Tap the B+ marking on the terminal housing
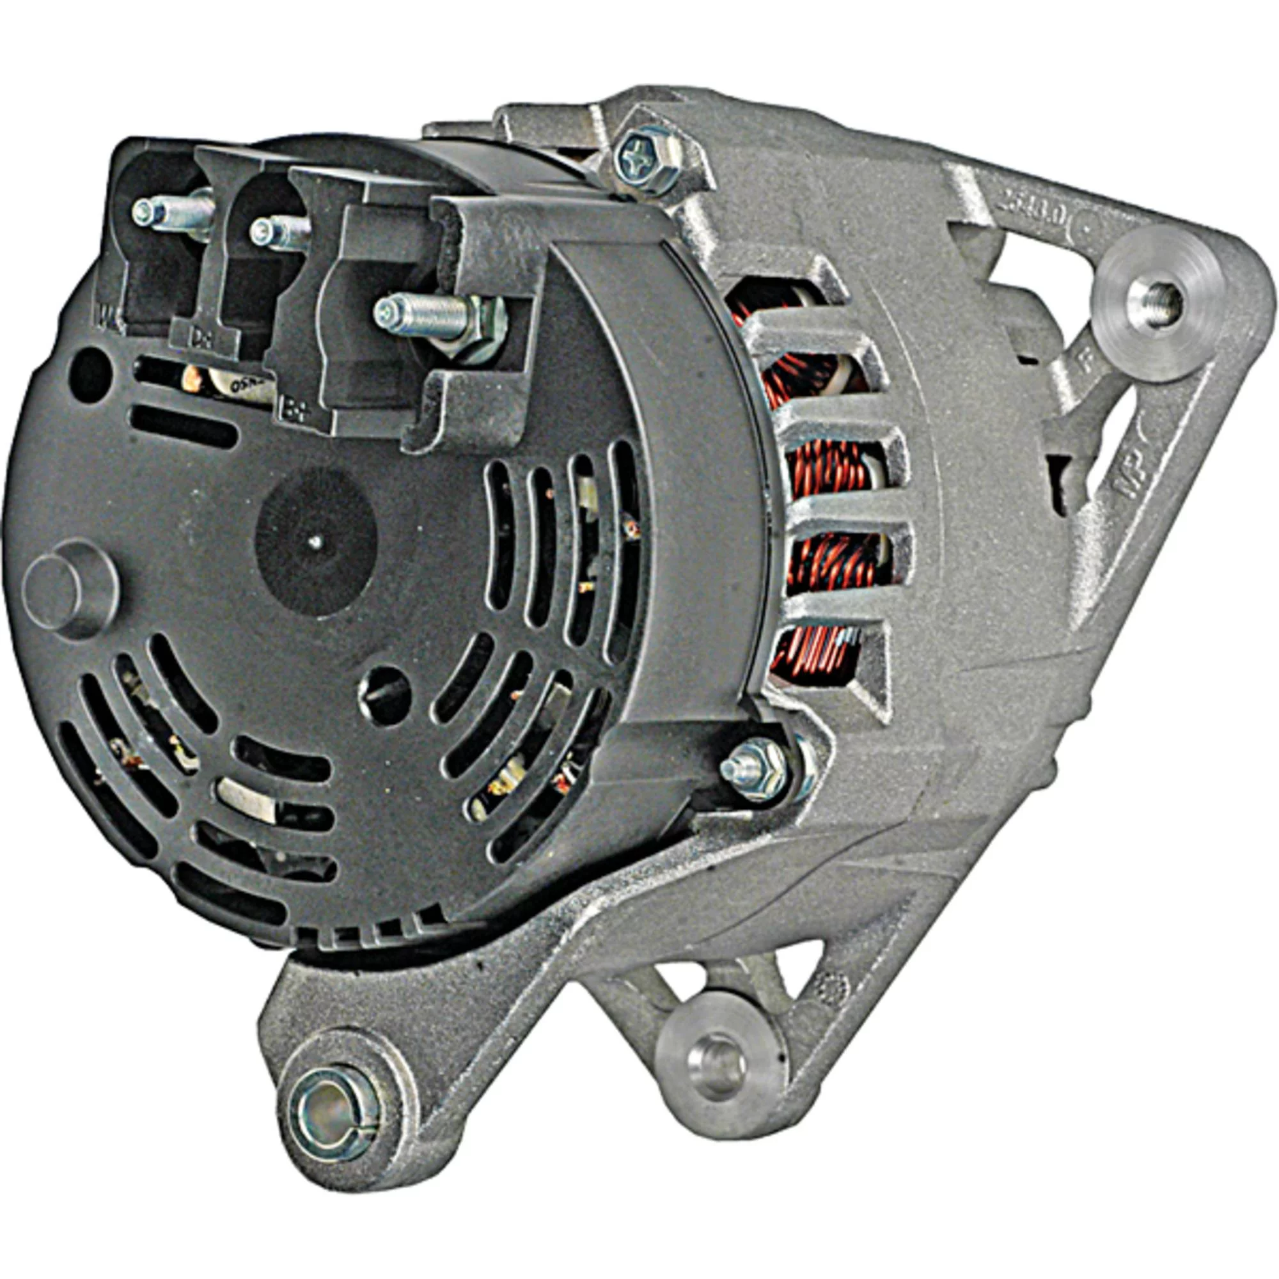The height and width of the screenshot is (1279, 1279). (x=294, y=410)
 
